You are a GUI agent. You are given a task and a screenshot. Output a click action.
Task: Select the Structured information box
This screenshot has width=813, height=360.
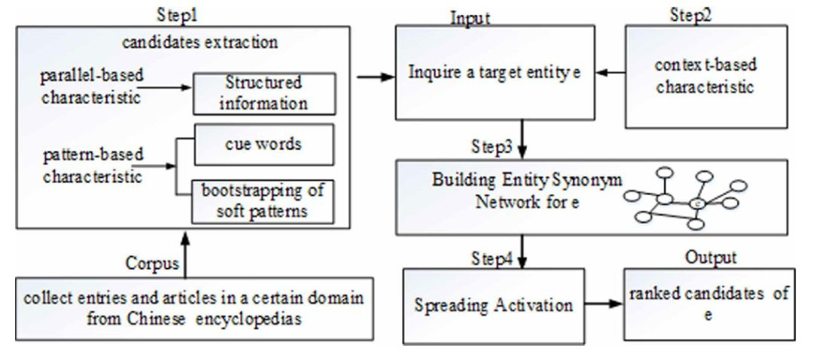[264, 93]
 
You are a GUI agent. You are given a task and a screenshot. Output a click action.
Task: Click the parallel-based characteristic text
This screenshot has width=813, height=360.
[92, 87]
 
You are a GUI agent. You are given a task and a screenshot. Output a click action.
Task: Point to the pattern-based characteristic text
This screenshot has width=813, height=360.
[93, 166]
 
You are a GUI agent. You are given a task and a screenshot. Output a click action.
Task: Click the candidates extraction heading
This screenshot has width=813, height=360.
[199, 42]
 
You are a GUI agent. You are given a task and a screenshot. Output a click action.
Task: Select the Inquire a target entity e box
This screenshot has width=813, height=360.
[495, 72]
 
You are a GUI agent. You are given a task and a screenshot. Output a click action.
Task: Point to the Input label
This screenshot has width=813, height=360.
[470, 19]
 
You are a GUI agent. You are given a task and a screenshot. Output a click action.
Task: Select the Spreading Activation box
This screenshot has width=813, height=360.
[494, 305]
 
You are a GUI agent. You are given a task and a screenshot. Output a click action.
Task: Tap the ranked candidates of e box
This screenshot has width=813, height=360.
[709, 304]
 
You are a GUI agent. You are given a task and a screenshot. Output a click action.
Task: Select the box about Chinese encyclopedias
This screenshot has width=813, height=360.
[194, 309]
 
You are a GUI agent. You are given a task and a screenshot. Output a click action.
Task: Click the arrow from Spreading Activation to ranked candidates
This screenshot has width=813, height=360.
[604, 304]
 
